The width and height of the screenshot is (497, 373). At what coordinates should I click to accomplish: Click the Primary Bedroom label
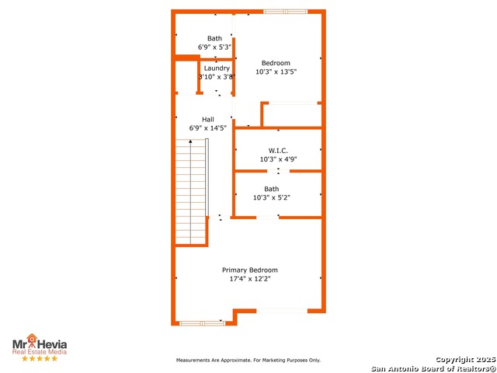[x=249, y=270]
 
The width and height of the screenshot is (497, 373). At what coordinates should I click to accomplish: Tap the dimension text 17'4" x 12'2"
[x=249, y=278]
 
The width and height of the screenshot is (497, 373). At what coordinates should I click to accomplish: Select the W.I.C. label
[x=278, y=150]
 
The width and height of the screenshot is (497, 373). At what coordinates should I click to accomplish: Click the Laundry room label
[x=217, y=68]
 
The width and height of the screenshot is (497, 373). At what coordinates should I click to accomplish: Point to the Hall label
[x=208, y=120]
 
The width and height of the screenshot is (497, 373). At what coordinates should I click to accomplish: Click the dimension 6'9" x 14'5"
[x=208, y=128]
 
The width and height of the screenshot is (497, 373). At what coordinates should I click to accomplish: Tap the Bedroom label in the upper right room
[x=276, y=63]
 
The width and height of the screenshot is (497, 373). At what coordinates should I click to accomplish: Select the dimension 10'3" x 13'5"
[x=276, y=71]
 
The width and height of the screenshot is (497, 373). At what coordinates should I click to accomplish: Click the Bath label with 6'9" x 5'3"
[x=214, y=38]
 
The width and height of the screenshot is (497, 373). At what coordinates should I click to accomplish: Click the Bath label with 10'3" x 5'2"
[x=272, y=189]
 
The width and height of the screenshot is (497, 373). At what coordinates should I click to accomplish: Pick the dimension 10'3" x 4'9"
[x=278, y=159]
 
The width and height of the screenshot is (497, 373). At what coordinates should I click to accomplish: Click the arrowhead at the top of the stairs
[x=190, y=141]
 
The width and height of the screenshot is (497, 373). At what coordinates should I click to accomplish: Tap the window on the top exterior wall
[x=285, y=12]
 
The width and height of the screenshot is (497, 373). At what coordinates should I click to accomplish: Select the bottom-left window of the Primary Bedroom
[x=202, y=322]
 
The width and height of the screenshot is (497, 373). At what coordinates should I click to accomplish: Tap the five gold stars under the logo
[x=39, y=358]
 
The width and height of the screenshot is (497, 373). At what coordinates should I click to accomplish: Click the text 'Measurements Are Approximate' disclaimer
[x=248, y=361]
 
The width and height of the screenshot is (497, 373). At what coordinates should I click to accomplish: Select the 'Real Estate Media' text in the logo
[x=39, y=351]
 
